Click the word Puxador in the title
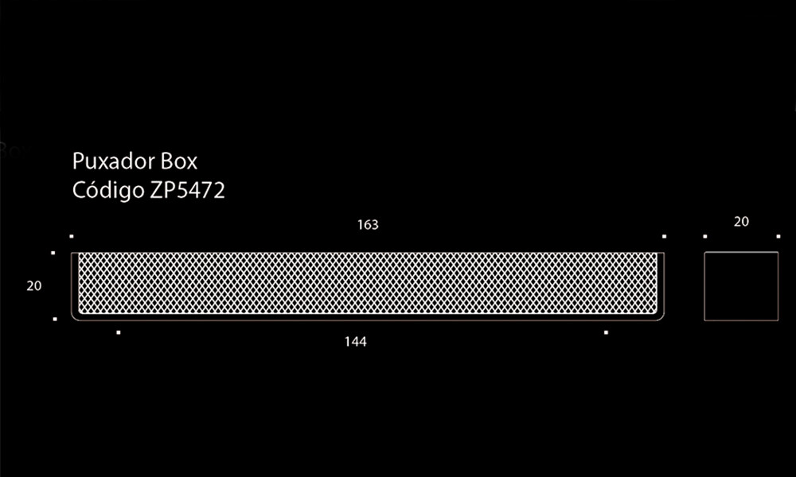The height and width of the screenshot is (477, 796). pyautogui.click(x=114, y=161)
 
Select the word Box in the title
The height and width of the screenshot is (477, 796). pyautogui.click(x=178, y=161)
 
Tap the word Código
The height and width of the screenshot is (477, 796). pyautogui.click(x=108, y=190)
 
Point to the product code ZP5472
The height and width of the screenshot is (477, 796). pyautogui.click(x=187, y=191)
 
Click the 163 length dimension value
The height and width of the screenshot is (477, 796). pyautogui.click(x=368, y=224)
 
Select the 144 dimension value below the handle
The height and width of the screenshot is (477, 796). pyautogui.click(x=355, y=342)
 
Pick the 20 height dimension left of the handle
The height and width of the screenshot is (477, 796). pyautogui.click(x=34, y=286)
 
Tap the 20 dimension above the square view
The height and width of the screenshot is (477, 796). pyautogui.click(x=741, y=222)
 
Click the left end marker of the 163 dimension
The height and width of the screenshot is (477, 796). pyautogui.click(x=72, y=236)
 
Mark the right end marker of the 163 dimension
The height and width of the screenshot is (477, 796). pyautogui.click(x=664, y=236)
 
